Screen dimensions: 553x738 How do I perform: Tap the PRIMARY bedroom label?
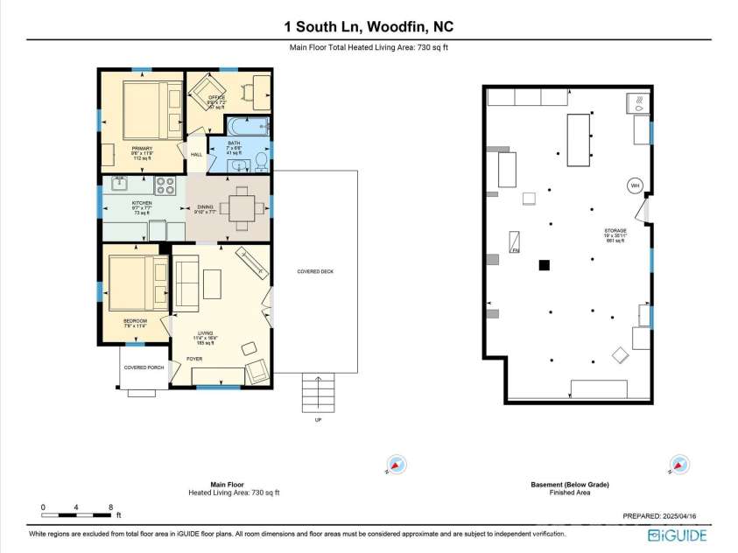point(141,150)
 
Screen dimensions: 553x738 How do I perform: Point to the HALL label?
point(197,155)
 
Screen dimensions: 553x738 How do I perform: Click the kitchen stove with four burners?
point(166,185)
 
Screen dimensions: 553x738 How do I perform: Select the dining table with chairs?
point(238,208)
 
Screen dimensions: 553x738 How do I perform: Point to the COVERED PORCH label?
point(141,367)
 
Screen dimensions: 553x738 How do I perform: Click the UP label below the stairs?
point(318,420)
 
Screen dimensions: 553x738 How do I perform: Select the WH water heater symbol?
point(635,185)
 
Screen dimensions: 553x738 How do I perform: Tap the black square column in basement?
point(544,265)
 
